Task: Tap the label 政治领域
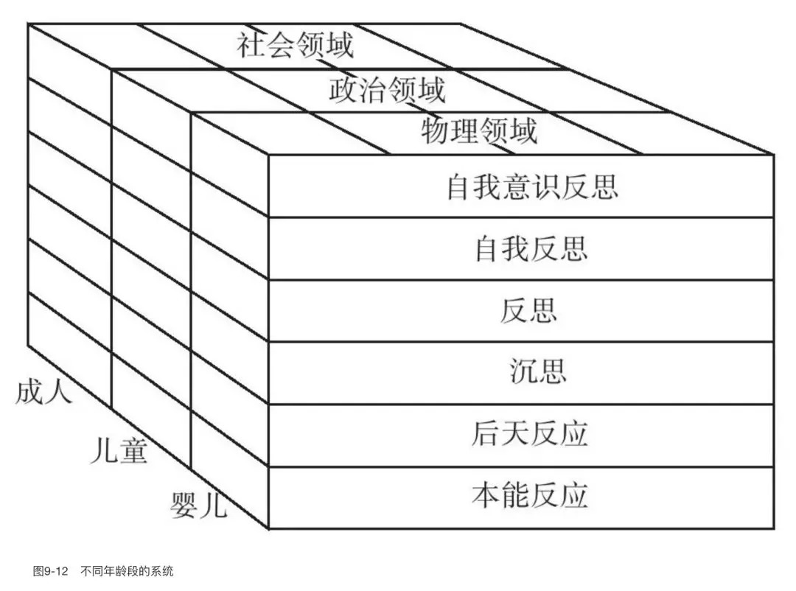click(387, 89)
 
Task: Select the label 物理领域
click(479, 132)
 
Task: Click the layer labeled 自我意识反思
click(531, 187)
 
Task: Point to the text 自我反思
click(531, 249)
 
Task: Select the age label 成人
click(44, 391)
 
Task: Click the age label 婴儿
click(198, 506)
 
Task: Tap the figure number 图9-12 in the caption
click(50, 571)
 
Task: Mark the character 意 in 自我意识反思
click(517, 187)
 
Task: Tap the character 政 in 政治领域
click(343, 89)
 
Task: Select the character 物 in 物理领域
click(436, 132)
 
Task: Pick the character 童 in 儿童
click(133, 450)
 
